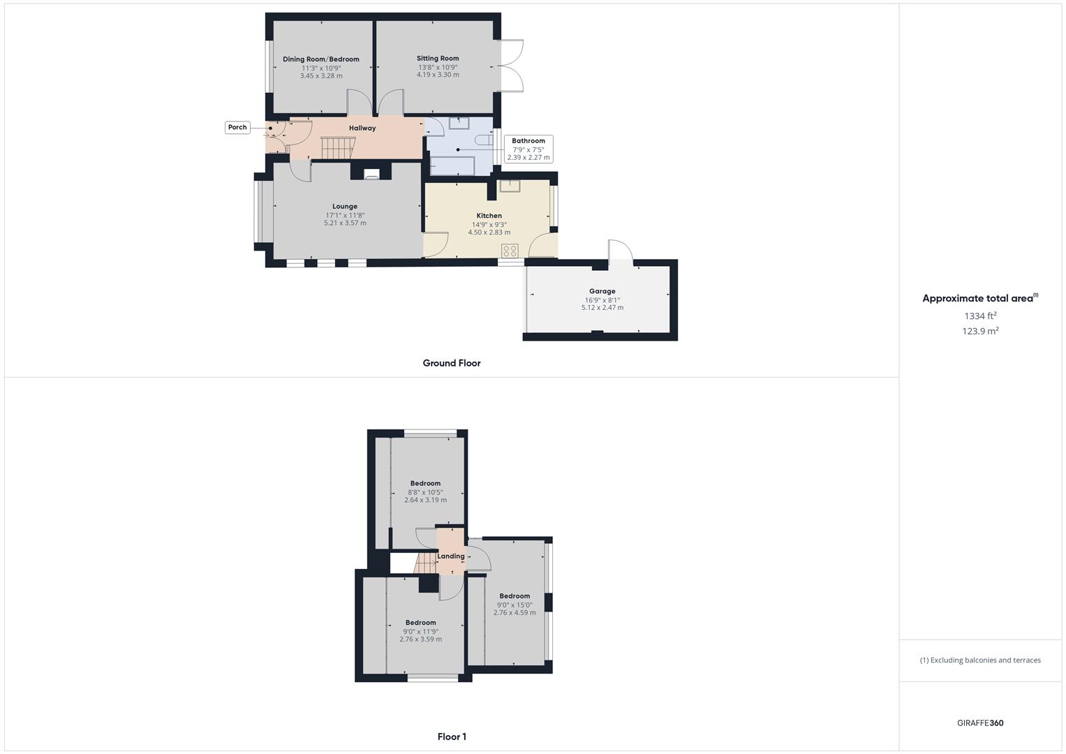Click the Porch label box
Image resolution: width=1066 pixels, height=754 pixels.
pos(237,127)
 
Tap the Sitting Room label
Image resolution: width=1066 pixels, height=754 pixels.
pos(438,59)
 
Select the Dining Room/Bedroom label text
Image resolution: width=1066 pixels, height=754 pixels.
pos(321,59)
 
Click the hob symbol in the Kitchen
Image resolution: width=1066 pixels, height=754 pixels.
pos(510,251)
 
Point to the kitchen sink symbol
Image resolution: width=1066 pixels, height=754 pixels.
pos(510,186)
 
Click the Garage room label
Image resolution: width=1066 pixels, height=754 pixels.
pos(602,291)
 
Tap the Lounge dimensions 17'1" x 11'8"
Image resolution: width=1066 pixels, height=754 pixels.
pos(345,215)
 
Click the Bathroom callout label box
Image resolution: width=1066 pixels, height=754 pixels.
pos(528,149)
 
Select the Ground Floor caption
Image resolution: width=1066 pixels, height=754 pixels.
pos(452,363)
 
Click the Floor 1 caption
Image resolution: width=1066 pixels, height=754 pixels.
pos(452,737)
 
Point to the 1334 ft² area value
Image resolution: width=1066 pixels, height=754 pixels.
pos(980,316)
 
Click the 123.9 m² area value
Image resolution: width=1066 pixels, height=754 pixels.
pos(980,331)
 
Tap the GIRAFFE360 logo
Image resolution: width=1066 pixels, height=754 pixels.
pos(980,723)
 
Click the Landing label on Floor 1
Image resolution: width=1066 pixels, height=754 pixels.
pos(451,556)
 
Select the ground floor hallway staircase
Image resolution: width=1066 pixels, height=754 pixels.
pos(339,147)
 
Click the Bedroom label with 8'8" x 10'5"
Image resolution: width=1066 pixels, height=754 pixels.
pos(425,483)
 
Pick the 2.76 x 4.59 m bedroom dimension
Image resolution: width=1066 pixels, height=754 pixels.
pos(515,613)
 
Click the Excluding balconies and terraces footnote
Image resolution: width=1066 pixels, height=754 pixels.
pos(980,660)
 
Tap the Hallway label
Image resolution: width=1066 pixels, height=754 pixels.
pos(362,128)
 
